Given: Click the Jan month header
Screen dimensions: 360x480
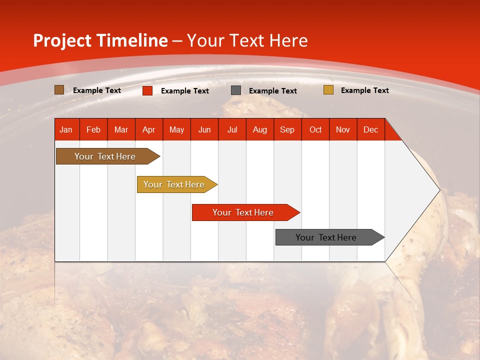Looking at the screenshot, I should click(x=66, y=129).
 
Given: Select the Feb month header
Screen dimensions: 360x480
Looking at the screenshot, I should click(x=93, y=129).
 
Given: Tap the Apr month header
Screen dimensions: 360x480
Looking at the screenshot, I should click(x=148, y=129).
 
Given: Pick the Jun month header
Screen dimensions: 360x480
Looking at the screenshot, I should click(x=204, y=129).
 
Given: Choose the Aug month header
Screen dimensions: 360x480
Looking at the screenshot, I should click(x=259, y=129).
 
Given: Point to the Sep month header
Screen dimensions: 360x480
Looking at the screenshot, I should click(x=287, y=129).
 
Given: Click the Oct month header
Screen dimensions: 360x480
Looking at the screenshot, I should click(x=315, y=129).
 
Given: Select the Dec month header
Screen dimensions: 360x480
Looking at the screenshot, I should click(x=370, y=129).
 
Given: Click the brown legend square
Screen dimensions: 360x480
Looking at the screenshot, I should click(x=59, y=90).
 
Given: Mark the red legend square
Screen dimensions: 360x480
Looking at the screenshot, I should click(x=147, y=90).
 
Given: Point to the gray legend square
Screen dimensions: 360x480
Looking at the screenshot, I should click(x=236, y=90).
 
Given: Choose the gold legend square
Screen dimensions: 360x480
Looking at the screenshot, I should click(x=328, y=90).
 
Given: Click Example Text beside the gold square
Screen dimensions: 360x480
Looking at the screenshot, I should click(x=364, y=90).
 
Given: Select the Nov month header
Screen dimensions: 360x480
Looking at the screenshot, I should click(x=342, y=129).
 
